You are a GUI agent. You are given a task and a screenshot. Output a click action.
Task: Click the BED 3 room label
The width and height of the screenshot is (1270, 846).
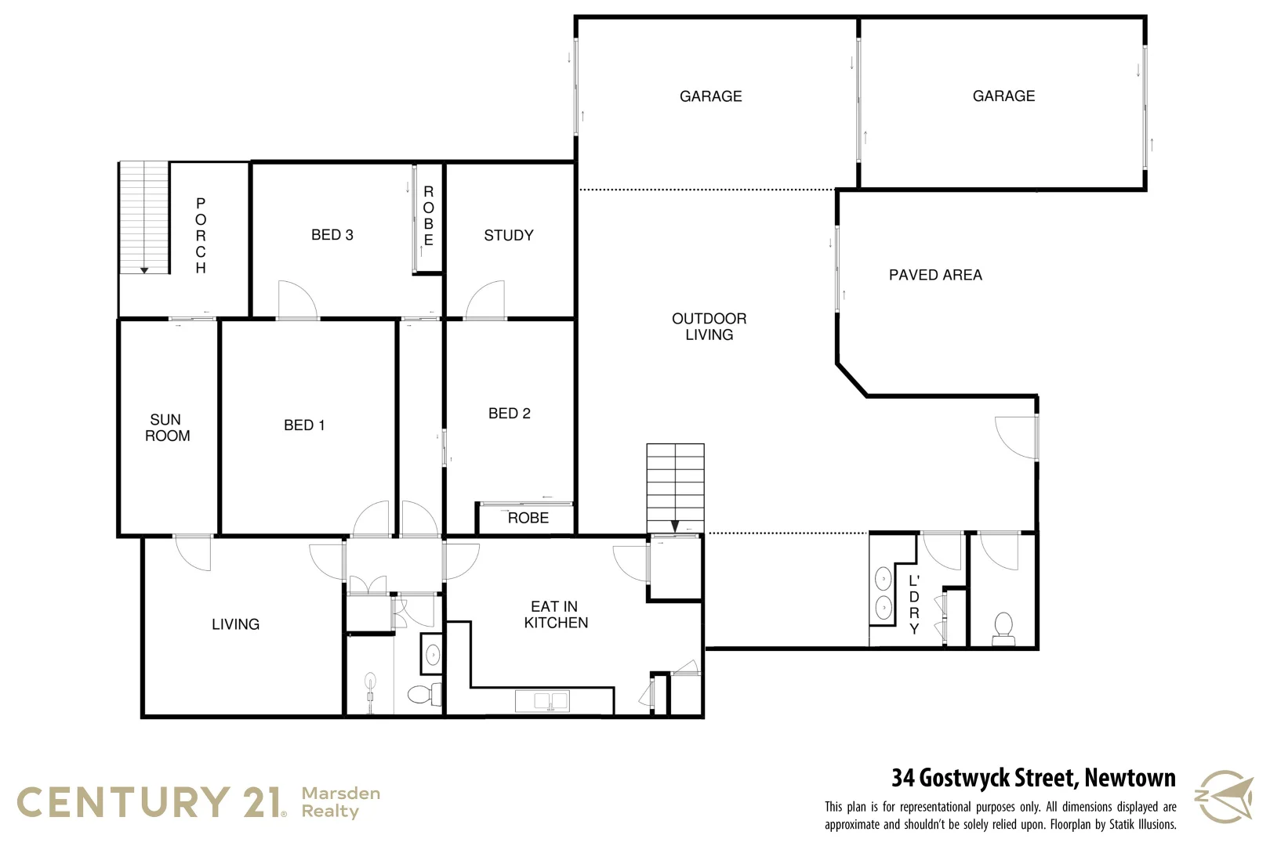point(332,235)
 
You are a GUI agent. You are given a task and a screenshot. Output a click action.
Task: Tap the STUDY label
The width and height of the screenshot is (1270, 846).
point(508,235)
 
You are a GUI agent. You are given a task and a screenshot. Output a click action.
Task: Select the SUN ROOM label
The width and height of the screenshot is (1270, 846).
point(167,428)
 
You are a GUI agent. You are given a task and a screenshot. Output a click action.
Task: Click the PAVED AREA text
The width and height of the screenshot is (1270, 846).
point(934,275)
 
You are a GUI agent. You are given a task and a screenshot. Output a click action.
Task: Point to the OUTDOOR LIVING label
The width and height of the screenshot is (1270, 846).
point(709,327)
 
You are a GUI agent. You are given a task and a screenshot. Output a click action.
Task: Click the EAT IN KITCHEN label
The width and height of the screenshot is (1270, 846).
point(555,615)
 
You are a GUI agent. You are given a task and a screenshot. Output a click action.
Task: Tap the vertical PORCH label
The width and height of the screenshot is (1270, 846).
point(201,235)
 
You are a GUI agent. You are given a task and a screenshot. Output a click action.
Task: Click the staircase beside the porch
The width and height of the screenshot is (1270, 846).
point(143,217)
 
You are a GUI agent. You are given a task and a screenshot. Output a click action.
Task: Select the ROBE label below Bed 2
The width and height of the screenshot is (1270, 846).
point(528,518)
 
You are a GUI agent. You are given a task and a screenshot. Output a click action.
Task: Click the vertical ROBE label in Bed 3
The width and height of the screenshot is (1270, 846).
point(428,215)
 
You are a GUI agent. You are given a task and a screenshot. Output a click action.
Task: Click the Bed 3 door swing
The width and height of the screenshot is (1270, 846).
point(297,301)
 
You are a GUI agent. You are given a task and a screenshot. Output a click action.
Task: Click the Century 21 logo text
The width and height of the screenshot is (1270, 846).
point(149,803)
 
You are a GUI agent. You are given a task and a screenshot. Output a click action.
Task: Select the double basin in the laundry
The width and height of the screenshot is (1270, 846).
point(884,593)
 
